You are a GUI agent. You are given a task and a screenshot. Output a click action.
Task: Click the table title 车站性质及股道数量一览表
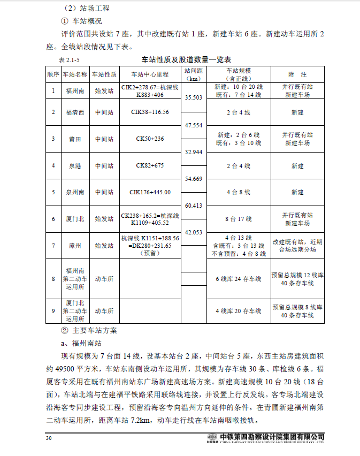[x=189, y=59]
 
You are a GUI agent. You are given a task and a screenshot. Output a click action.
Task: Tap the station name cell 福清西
[x=74, y=112]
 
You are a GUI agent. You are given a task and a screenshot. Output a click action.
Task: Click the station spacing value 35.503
[x=193, y=97]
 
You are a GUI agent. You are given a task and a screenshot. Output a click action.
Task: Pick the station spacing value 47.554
[x=193, y=125]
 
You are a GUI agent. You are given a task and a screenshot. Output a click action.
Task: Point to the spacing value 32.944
[x=193, y=152]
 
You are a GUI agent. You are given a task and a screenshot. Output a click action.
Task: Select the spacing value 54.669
[x=193, y=178]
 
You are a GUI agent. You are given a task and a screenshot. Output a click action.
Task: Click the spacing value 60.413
[x=193, y=206]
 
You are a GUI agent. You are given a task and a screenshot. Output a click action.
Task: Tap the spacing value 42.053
[x=193, y=232]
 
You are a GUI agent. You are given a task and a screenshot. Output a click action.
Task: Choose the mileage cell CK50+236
[x=150, y=139]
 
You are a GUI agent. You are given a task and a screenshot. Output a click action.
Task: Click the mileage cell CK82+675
[x=150, y=165]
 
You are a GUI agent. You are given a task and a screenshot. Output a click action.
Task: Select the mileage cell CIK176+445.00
[x=150, y=192]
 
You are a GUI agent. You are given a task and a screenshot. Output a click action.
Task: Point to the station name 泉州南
[x=74, y=192]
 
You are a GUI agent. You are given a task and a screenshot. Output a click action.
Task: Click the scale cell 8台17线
[x=238, y=219]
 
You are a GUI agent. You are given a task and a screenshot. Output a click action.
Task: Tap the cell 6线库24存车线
[x=238, y=279]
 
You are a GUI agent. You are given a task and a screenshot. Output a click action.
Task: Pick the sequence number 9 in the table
[x=53, y=310]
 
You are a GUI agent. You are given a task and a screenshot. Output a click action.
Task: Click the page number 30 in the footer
[x=49, y=439]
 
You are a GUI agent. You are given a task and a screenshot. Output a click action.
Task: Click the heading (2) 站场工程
[x=88, y=9]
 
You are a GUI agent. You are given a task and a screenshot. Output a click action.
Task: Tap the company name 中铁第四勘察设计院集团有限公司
[x=272, y=437]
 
